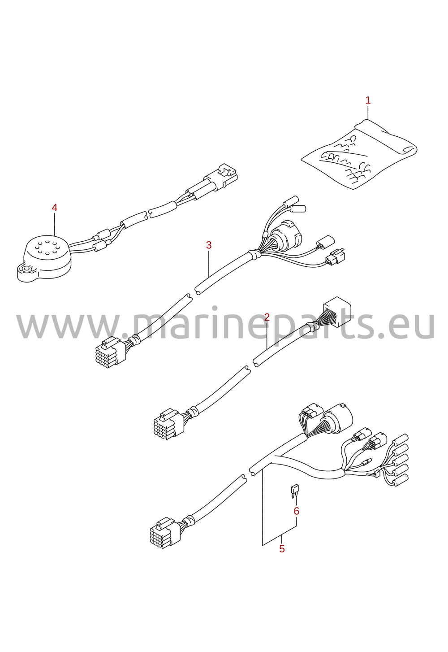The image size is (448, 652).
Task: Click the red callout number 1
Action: tap(368, 100)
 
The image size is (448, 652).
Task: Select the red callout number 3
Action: tap(209, 245)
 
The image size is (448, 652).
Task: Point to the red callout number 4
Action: tap(54, 208)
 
